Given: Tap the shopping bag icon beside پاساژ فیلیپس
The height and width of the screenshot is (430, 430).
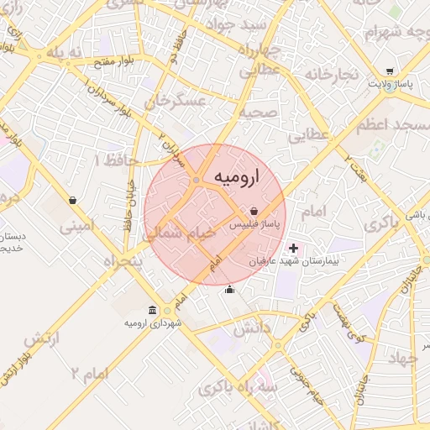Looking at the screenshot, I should coord(254,211).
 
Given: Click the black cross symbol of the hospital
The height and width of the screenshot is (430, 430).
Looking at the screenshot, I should coord(293,249).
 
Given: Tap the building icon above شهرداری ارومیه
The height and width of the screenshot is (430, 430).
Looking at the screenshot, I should coord(152,310).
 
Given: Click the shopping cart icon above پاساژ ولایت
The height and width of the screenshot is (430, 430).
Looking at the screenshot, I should coord(389,71).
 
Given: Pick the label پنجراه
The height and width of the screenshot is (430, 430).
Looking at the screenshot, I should coord(124,262).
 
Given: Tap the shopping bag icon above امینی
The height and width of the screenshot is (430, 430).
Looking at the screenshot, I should coord(74,201).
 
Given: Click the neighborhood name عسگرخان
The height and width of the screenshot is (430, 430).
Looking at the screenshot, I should coord(175,102).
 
